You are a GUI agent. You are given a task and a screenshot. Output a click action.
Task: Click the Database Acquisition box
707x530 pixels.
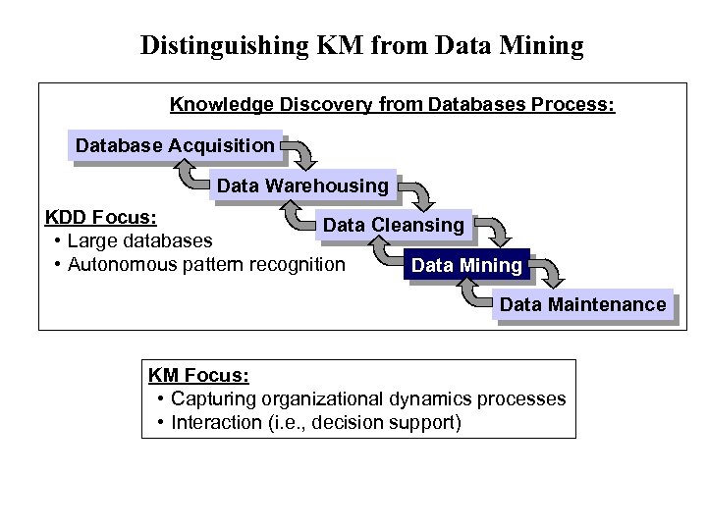point(176,145)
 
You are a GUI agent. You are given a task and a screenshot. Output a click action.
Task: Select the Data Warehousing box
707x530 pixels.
point(302,185)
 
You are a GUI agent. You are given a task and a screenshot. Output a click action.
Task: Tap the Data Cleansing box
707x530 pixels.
point(394,225)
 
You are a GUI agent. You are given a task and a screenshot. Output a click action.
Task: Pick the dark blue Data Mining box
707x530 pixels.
point(467,265)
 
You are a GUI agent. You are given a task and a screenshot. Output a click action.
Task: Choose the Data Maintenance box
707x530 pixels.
point(582,304)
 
